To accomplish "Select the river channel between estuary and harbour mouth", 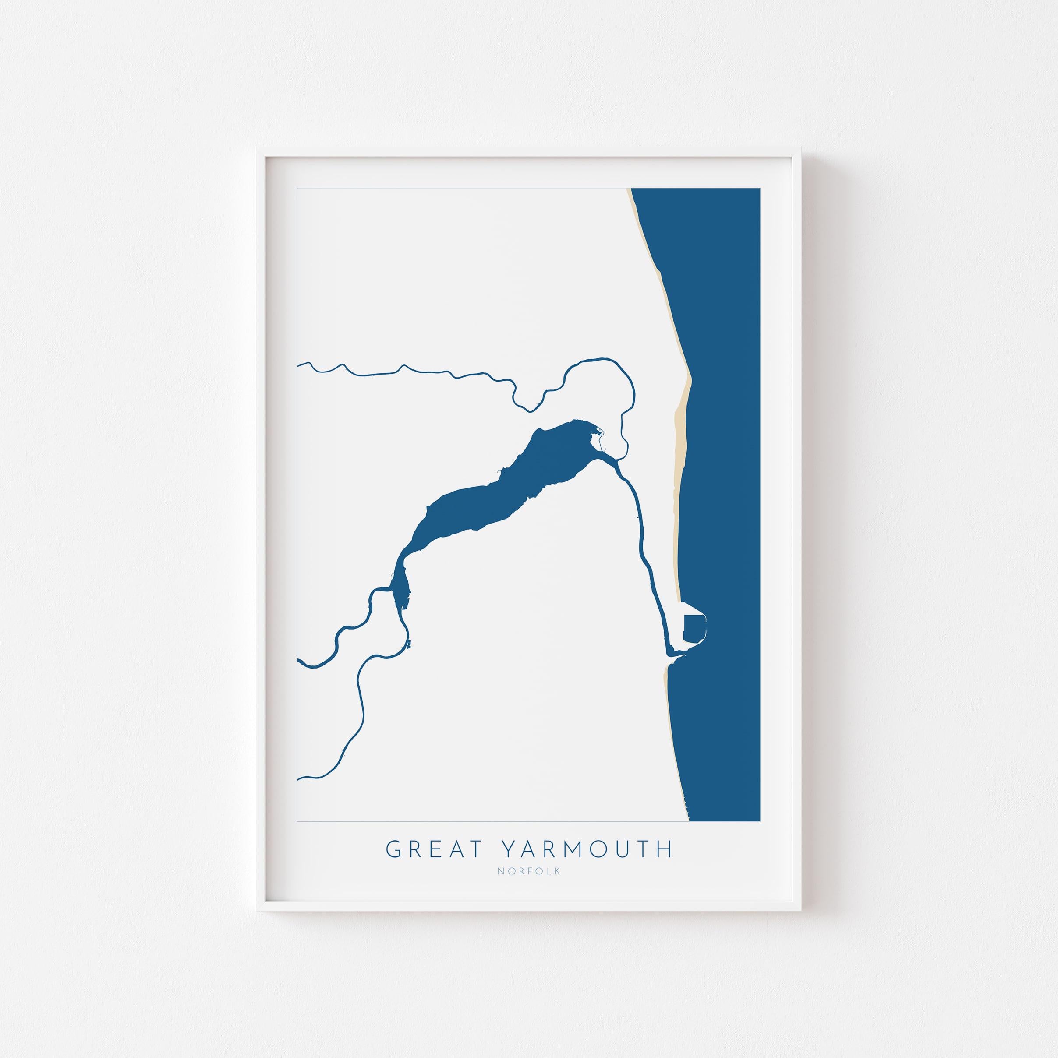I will click(640, 537).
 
